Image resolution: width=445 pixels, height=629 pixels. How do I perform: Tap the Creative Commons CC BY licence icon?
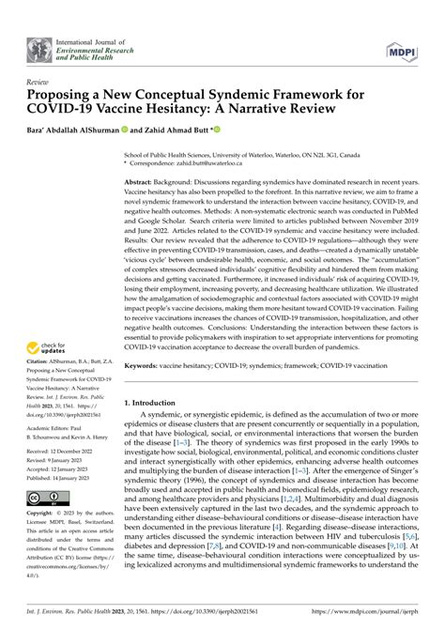click(44, 550)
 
